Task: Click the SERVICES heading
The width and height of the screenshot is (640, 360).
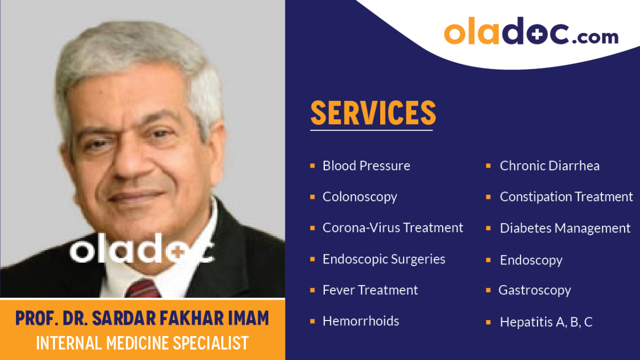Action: click(373, 113)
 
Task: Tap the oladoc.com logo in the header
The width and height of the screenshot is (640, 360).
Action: click(531, 31)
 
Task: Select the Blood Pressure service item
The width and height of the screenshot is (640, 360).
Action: click(366, 166)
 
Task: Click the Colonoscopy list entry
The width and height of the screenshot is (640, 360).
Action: click(359, 197)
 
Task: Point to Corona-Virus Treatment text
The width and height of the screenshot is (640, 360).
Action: click(393, 228)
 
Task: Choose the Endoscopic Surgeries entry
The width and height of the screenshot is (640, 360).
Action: click(383, 259)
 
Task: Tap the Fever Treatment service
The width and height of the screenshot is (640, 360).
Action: click(370, 290)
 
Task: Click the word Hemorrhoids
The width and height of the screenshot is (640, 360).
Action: click(361, 321)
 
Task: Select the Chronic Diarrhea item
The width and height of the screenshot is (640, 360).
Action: click(549, 166)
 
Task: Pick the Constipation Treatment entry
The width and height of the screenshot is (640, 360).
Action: click(566, 197)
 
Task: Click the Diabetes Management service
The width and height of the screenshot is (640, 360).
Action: click(565, 228)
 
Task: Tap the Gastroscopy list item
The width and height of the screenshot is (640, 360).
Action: click(534, 291)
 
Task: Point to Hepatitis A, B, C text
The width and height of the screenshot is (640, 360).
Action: click(546, 322)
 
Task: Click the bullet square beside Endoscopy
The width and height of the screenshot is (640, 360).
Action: click(489, 260)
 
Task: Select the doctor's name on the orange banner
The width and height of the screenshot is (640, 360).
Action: click(142, 318)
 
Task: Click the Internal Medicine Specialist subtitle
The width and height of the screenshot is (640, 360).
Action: click(142, 343)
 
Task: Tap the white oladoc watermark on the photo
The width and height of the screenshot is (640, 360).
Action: click(142, 249)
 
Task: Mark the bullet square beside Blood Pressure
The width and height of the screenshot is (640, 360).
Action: click(313, 166)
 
